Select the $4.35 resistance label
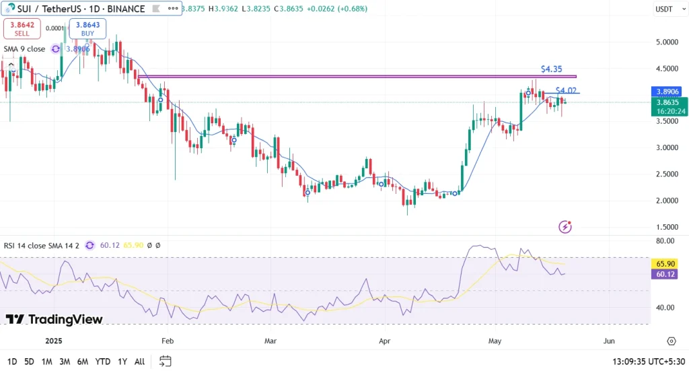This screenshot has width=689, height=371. click(551, 69)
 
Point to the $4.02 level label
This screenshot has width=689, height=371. click(566, 90)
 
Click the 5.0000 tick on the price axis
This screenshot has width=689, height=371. click(665, 42)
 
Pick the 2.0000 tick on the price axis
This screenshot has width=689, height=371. click(665, 200)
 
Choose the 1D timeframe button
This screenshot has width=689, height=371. click(12, 362)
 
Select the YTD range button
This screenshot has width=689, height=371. click(103, 362)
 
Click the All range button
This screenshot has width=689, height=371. click(139, 362)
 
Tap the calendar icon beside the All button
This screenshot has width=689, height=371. click(166, 362)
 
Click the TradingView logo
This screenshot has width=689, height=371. click(54, 319)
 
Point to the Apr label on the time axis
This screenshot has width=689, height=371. click(385, 341)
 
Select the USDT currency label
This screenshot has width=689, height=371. click(664, 9)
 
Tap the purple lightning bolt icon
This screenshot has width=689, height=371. click(565, 227)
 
